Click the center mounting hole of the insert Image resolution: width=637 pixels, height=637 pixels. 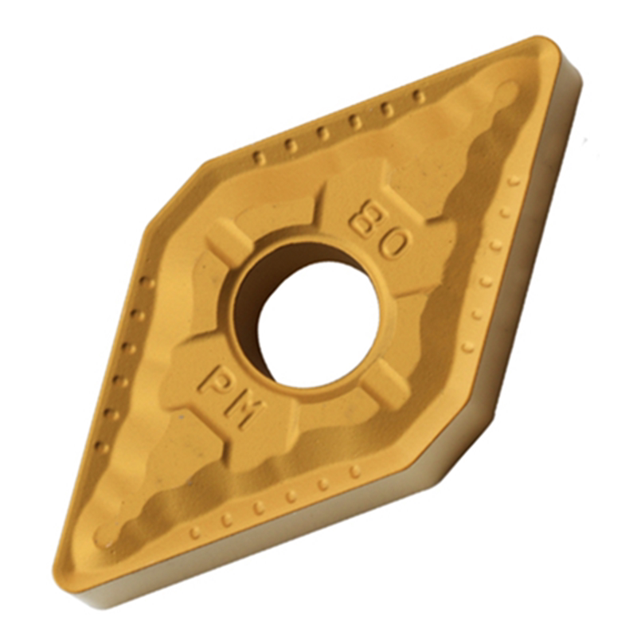pos(318,322)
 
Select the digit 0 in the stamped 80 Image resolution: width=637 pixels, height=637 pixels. pos(392,242)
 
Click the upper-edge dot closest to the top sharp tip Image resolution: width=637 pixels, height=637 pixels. pos(419,96)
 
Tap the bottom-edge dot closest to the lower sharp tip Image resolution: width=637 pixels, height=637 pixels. pos(195,532)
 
